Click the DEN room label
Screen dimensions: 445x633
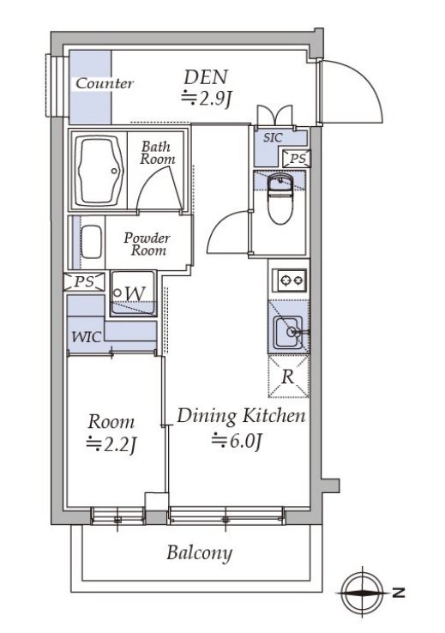pyautogui.click(x=206, y=76)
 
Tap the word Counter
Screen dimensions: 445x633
pyautogui.click(x=104, y=83)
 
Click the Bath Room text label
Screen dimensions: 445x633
pyautogui.click(x=158, y=153)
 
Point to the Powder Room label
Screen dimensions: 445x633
pyautogui.click(x=147, y=244)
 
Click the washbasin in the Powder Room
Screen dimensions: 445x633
pyautogui.click(x=91, y=242)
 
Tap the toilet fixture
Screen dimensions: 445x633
pyautogui.click(x=280, y=199)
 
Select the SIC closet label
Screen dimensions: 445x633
pyautogui.click(x=273, y=137)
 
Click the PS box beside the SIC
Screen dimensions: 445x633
pyautogui.click(x=298, y=158)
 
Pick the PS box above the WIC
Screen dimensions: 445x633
pyautogui.click(x=84, y=281)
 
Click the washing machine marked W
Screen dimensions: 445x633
pyautogui.click(x=134, y=293)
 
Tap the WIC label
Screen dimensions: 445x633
pyautogui.click(x=86, y=337)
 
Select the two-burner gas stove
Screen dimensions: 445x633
pyautogui.click(x=289, y=280)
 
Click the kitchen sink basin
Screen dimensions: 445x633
pyautogui.click(x=288, y=332)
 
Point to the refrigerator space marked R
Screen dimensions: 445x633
pyautogui.click(x=288, y=377)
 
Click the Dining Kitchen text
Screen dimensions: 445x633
pyautogui.click(x=241, y=416)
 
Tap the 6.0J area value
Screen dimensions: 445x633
pyautogui.click(x=238, y=440)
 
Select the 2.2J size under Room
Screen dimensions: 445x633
pyautogui.click(x=111, y=444)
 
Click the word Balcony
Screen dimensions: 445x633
pyautogui.click(x=199, y=553)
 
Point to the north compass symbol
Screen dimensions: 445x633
pyautogui.click(x=363, y=593)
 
